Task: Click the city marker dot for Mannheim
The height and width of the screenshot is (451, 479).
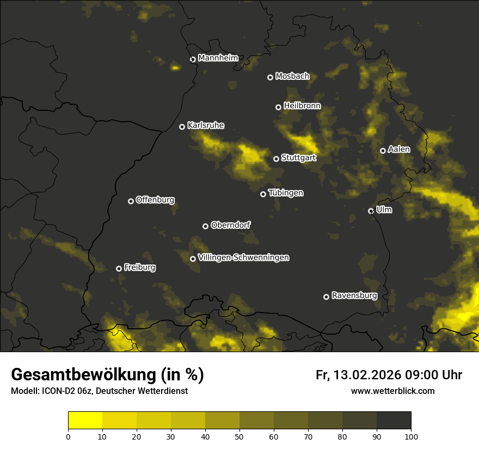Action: (x=193, y=60)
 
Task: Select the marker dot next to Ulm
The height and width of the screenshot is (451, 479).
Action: (x=371, y=211)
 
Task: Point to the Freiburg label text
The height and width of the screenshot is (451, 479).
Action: (x=139, y=267)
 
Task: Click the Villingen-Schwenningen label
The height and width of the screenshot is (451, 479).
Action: (x=243, y=258)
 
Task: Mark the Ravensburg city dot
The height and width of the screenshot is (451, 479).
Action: (x=327, y=297)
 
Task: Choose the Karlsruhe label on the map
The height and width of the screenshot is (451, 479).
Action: (x=205, y=126)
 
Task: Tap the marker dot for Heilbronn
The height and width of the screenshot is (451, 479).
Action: (x=279, y=107)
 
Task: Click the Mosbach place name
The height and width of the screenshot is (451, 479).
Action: (x=292, y=77)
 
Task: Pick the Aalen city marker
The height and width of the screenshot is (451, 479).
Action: (x=383, y=151)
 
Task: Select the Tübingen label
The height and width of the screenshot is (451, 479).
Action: (x=286, y=193)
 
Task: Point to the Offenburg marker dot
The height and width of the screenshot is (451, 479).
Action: (x=131, y=201)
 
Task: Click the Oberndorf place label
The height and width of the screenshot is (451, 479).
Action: (x=230, y=225)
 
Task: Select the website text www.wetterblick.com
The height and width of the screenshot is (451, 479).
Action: (x=392, y=391)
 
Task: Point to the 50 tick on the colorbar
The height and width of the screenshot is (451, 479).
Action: (x=239, y=436)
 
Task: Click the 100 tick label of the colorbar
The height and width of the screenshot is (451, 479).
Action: (x=411, y=436)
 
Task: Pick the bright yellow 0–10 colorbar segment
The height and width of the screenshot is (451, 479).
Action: (x=85, y=421)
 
